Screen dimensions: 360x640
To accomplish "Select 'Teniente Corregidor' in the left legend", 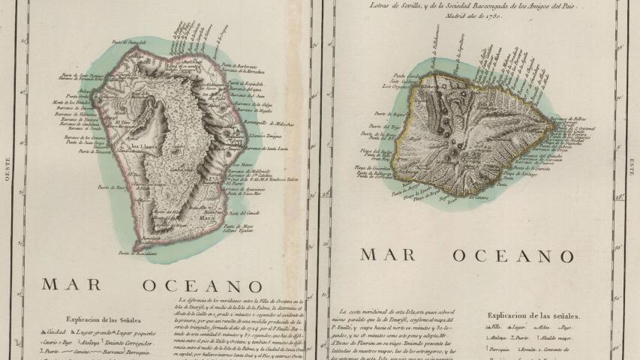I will pyautogui.click(x=134, y=342).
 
